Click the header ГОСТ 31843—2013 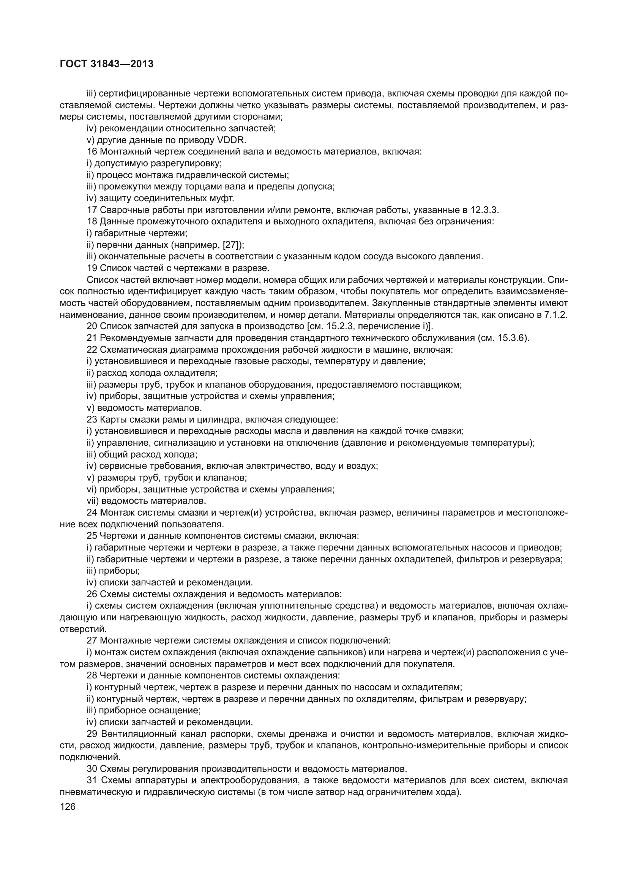point(107,64)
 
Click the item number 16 point(92,151)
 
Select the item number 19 point(92,268)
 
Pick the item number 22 point(92,350)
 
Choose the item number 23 point(92,419)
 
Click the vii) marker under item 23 point(93,501)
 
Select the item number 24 point(92,513)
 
